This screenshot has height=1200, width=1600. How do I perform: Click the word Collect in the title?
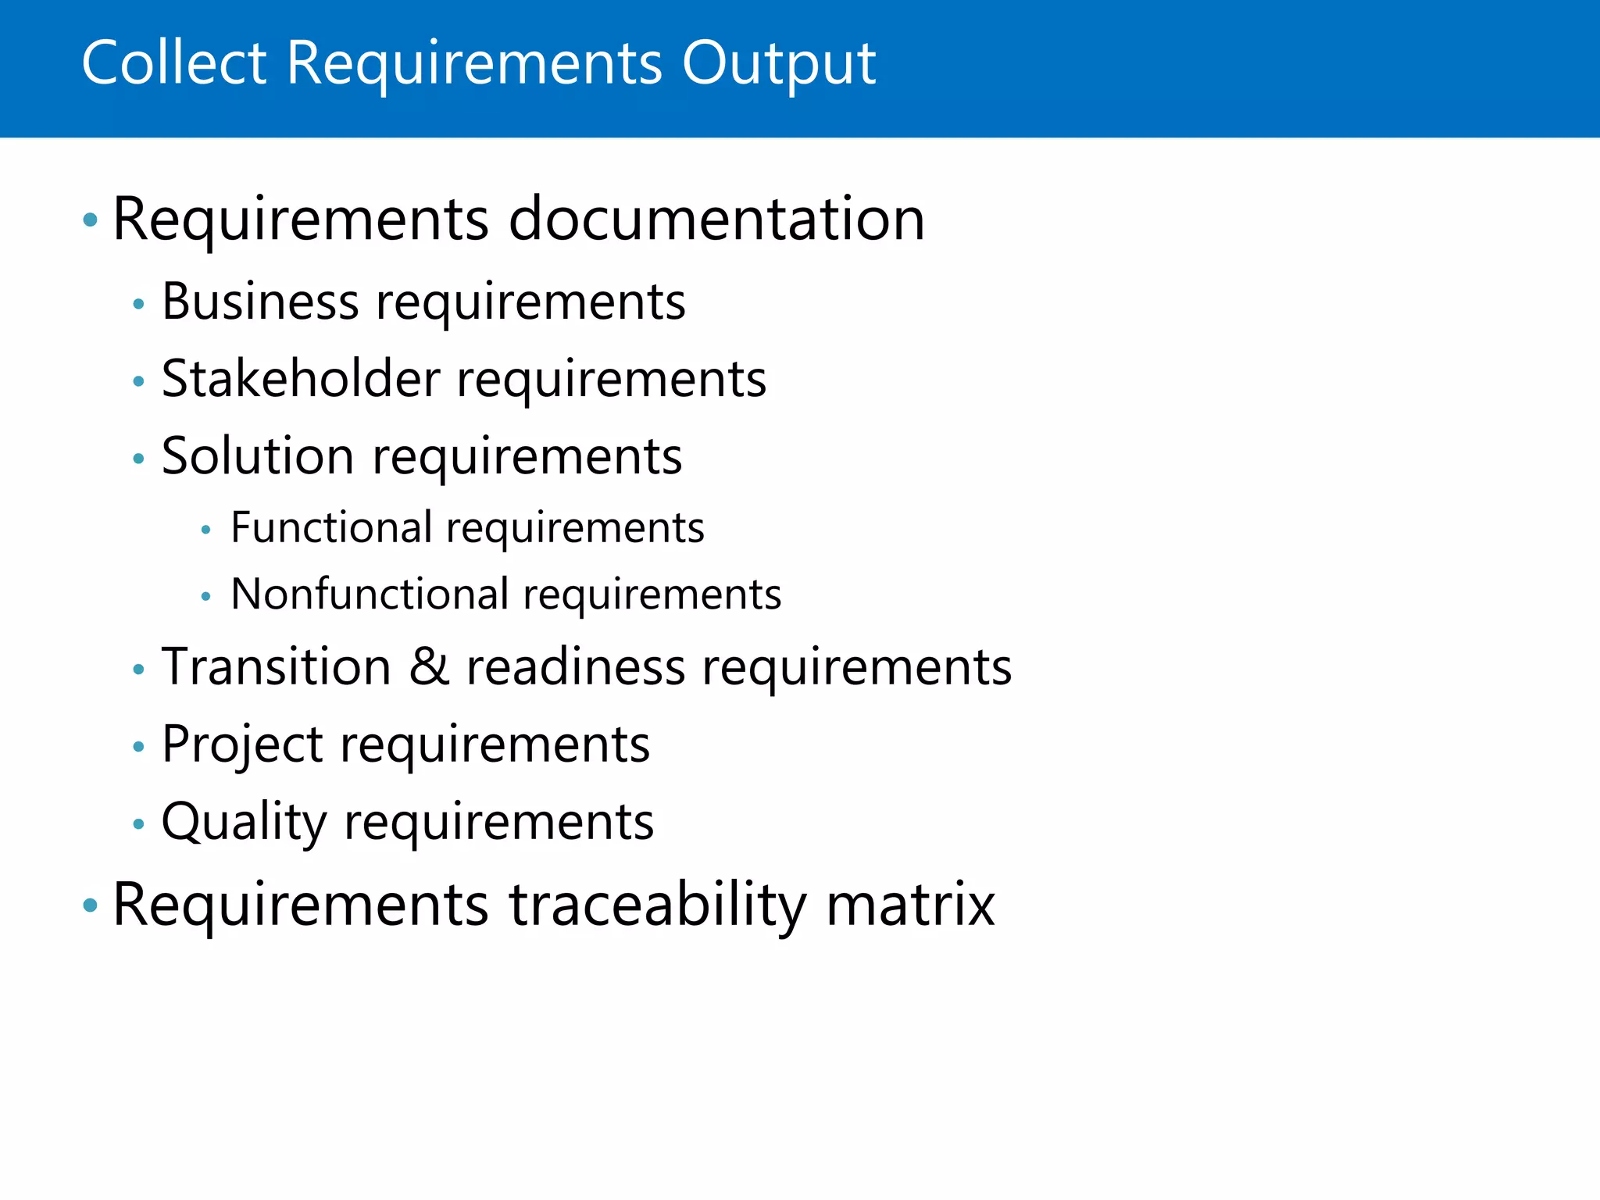click(174, 62)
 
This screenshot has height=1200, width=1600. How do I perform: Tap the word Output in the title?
click(778, 64)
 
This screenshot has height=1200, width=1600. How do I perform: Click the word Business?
click(259, 302)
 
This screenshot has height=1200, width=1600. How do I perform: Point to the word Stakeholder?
click(301, 379)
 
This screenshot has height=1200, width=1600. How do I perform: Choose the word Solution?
click(258, 456)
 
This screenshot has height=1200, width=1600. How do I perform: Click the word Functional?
click(331, 527)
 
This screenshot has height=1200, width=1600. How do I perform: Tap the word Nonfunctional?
click(370, 595)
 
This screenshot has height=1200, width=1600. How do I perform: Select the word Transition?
click(276, 667)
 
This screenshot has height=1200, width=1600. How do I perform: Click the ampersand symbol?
click(429, 667)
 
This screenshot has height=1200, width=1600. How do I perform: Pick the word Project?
click(242, 745)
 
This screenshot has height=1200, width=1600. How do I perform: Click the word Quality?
click(244, 822)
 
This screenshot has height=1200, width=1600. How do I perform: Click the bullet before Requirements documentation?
click(91, 220)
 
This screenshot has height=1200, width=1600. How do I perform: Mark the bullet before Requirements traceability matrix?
click(91, 905)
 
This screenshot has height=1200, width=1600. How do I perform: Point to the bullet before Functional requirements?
click(205, 530)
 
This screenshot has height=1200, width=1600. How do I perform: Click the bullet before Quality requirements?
click(139, 823)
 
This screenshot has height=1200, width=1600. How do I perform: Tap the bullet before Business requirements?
click(139, 303)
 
